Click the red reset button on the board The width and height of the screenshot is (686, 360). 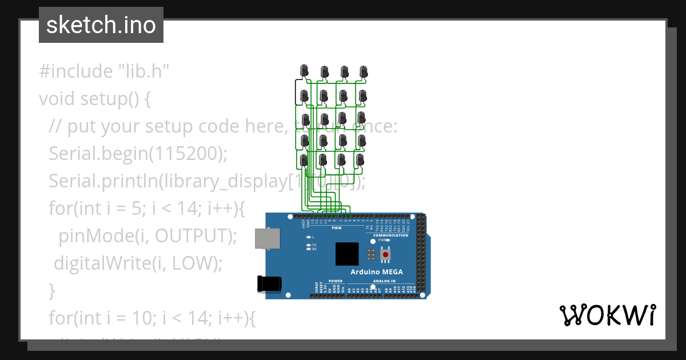pos(386,254)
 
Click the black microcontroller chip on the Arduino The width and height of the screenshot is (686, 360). pos(347,254)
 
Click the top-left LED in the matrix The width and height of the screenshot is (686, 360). pos(305,71)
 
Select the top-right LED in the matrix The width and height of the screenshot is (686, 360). pos(364,71)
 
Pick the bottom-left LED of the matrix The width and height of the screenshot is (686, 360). pos(305,161)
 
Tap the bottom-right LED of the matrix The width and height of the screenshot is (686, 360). pos(360,160)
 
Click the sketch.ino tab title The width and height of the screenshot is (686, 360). pos(101,25)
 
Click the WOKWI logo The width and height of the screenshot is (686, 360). pos(607,315)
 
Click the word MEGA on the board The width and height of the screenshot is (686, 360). pos(393,271)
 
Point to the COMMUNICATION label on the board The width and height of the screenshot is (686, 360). pos(390,235)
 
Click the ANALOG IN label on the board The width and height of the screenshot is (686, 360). pos(385,281)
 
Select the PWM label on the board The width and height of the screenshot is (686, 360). pos(337,228)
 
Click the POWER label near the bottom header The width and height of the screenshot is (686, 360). pos(336,281)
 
